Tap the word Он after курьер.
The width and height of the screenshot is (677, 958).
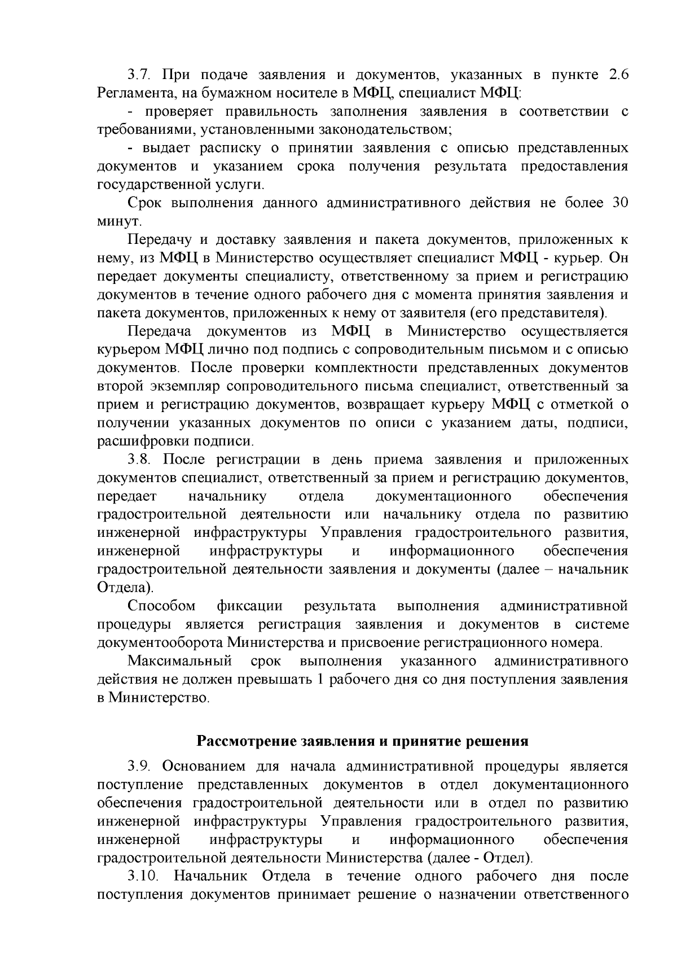pyautogui.click(x=619, y=258)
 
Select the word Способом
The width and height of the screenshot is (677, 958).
pyautogui.click(x=161, y=606)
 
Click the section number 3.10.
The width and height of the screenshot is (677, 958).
pyautogui.click(x=143, y=876)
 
